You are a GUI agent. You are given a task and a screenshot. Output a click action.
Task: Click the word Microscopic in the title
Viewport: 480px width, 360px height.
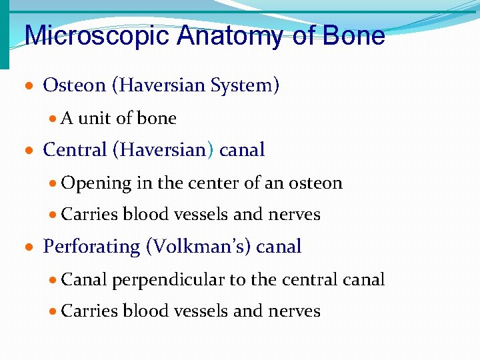[x=97, y=36]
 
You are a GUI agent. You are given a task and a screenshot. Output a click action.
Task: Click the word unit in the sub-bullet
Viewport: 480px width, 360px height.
[x=95, y=119]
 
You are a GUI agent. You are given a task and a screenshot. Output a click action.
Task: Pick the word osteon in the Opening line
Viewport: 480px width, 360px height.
[x=315, y=183]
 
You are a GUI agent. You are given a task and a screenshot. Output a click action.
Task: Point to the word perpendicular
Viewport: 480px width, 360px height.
[x=169, y=279]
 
